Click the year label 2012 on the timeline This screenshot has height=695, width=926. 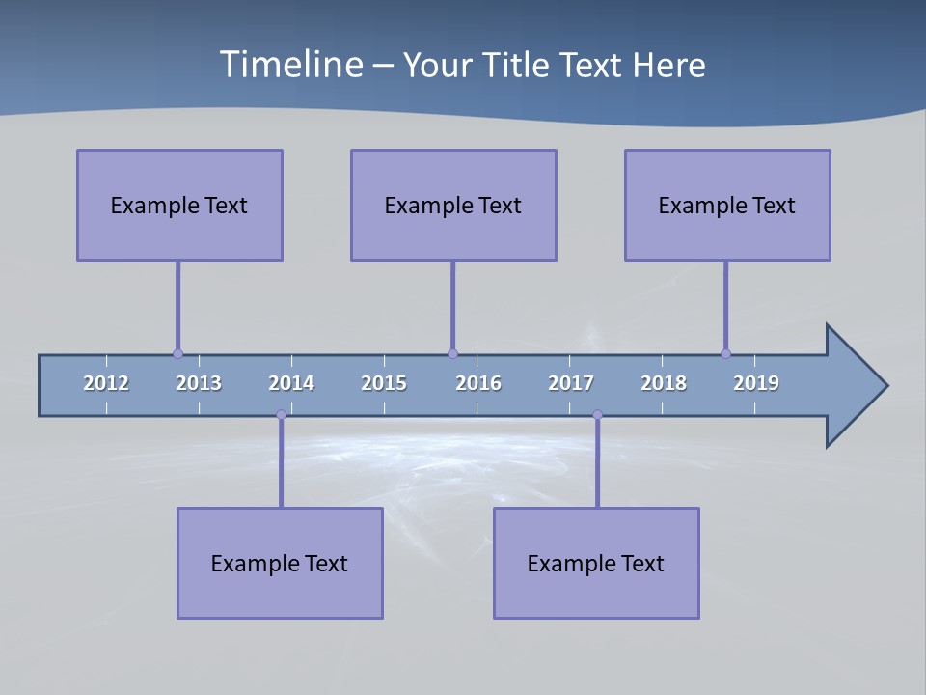[106, 383]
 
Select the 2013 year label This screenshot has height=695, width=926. [199, 383]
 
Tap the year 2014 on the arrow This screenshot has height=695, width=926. [291, 383]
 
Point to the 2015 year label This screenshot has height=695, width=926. [384, 383]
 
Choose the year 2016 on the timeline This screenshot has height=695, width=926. [478, 383]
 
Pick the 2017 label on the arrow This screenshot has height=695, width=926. [571, 383]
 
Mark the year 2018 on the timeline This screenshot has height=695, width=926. [664, 383]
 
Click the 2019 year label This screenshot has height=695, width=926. [756, 383]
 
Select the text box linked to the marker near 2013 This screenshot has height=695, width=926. [179, 205]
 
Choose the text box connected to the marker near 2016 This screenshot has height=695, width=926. [453, 205]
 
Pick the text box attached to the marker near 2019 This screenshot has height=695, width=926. [727, 205]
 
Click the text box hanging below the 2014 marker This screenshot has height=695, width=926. [280, 563]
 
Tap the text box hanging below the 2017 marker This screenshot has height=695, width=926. [596, 563]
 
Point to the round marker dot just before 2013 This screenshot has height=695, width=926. [177, 353]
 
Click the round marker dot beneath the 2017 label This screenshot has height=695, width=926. [597, 415]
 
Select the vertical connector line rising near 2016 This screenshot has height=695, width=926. [452, 304]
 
